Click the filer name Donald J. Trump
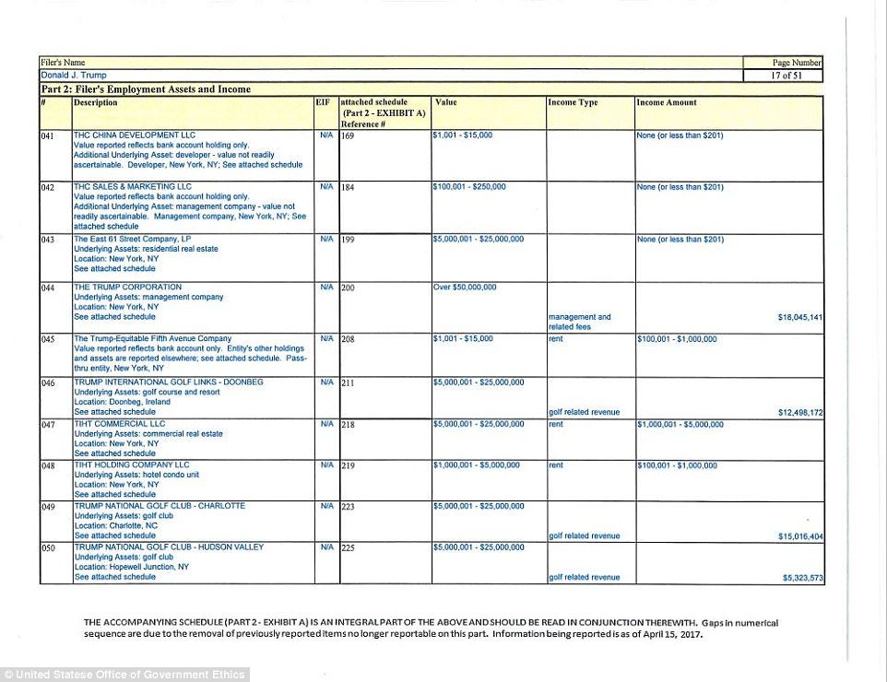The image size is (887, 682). click(74, 75)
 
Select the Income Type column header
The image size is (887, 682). click(574, 102)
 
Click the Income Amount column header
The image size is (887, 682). click(667, 102)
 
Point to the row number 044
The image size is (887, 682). click(49, 288)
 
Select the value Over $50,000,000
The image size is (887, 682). click(465, 287)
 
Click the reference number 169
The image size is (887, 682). click(348, 135)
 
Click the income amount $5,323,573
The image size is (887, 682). click(802, 577)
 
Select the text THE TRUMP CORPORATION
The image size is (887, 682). click(128, 287)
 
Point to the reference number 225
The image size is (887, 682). click(348, 547)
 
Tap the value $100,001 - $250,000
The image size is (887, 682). click(469, 187)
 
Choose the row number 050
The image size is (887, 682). click(49, 547)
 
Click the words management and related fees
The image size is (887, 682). click(579, 322)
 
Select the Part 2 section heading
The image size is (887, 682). click(146, 89)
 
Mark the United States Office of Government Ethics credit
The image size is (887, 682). click(124, 675)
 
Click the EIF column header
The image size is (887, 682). click(323, 102)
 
